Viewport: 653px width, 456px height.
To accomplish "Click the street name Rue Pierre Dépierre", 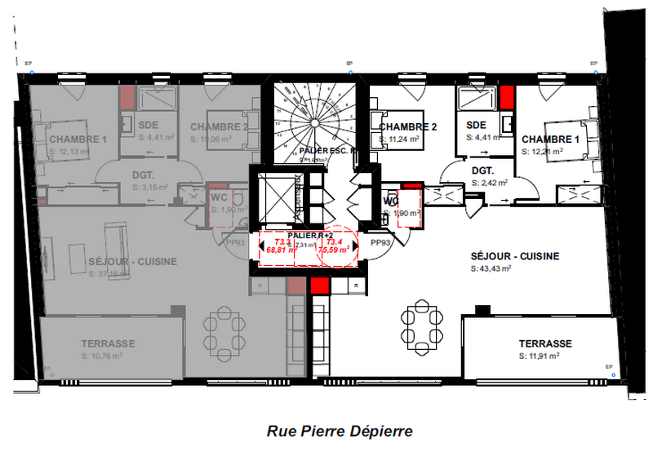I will click(x=339, y=430).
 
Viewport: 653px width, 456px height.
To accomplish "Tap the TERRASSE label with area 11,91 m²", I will click(x=545, y=344).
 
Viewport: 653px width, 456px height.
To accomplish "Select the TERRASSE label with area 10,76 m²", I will click(x=108, y=343).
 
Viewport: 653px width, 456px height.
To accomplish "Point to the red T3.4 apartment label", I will click(x=335, y=242).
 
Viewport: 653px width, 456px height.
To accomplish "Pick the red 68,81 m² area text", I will click(x=278, y=250).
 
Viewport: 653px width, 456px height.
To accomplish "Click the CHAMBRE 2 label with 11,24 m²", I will click(x=408, y=127).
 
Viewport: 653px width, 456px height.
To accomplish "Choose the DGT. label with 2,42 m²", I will click(x=486, y=171).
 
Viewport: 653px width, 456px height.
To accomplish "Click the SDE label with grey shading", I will click(x=148, y=125).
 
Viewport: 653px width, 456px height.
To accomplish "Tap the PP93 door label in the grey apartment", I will click(x=236, y=242).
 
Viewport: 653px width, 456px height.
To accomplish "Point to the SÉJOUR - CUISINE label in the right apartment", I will click(x=515, y=256).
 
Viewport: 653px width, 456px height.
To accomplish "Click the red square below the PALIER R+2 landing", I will click(x=319, y=286).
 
